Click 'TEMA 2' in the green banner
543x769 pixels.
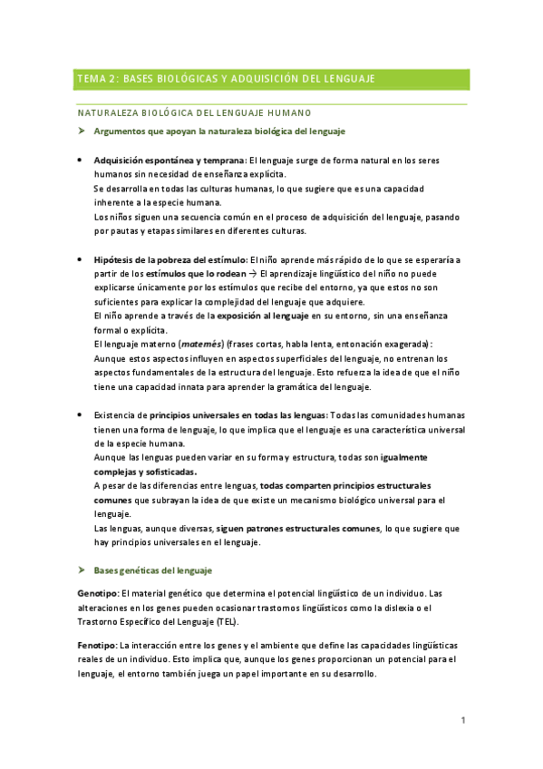coord(97,79)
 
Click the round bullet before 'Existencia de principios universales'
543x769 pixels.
coord(81,415)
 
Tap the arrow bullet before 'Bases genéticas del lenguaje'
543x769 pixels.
coord(82,570)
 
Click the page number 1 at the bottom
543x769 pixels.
coord(463,720)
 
